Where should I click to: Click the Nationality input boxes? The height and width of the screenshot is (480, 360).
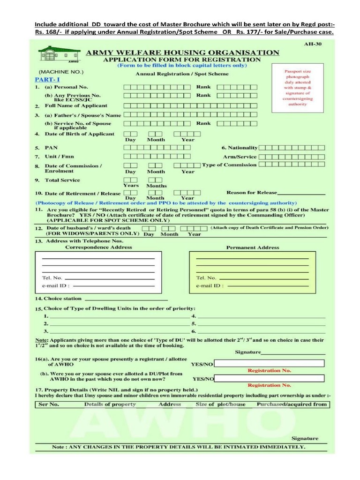(292, 147)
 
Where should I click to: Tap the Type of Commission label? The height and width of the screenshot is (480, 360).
(229, 165)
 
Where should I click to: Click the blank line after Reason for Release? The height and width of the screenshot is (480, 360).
(301, 193)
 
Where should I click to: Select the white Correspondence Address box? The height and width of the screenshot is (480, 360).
(98, 271)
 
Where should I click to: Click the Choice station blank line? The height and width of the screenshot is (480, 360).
(126, 299)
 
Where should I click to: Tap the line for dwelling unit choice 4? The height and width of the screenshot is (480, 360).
(261, 317)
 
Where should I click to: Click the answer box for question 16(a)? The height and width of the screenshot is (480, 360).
(269, 363)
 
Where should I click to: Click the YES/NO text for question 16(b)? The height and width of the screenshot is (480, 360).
(203, 379)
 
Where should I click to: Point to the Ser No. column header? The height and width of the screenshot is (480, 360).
(49, 404)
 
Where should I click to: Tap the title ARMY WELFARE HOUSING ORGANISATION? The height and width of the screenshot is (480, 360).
(182, 52)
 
